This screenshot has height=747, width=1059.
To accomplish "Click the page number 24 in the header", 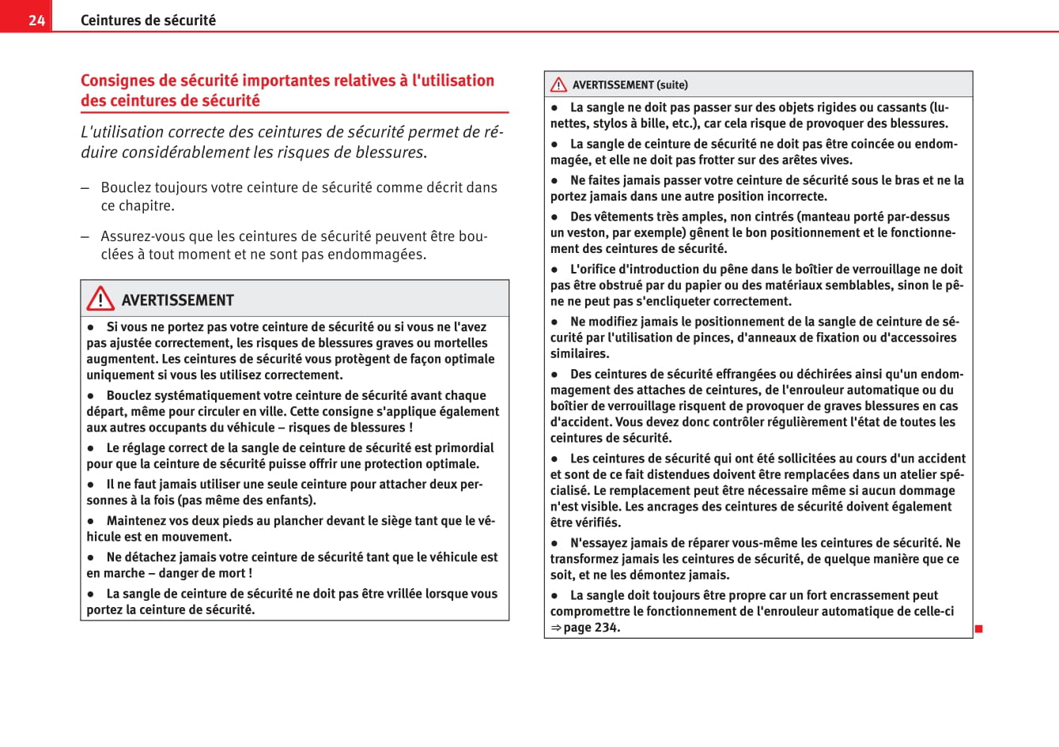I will [36, 21].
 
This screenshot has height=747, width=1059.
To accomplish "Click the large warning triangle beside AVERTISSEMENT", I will [100, 299].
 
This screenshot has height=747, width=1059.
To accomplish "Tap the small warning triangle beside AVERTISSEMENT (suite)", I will [558, 85].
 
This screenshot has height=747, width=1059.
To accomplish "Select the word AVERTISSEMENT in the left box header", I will [177, 300].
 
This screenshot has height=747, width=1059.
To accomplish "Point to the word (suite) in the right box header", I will [672, 85].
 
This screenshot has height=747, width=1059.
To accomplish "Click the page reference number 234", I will [607, 628].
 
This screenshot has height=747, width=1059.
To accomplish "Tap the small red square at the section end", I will [978, 629].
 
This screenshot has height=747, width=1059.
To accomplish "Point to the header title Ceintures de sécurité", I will [148, 21].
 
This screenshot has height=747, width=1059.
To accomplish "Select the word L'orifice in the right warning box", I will [593, 270].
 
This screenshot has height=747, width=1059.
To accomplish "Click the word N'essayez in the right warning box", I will [598, 543].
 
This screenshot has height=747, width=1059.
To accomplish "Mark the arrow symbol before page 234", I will [555, 628].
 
